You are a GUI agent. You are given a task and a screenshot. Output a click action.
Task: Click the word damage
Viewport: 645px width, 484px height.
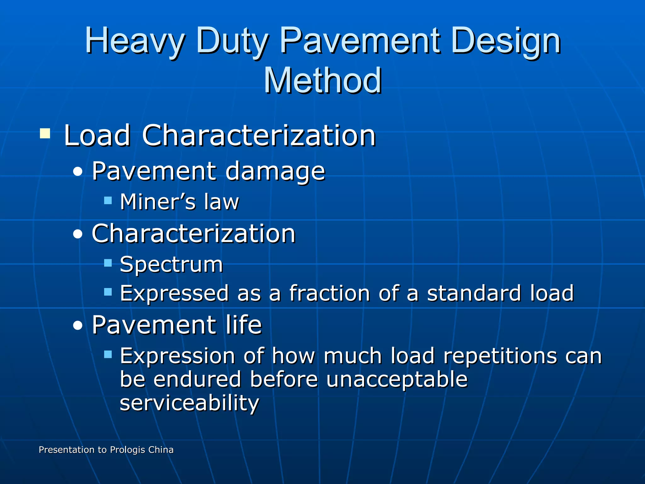click(275, 171)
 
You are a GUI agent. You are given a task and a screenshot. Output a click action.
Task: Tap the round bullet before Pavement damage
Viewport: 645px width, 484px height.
click(77, 172)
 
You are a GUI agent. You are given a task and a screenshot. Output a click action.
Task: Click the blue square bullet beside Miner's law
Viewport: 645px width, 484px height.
click(108, 200)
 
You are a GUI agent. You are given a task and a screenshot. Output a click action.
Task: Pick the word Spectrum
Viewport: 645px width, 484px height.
click(171, 265)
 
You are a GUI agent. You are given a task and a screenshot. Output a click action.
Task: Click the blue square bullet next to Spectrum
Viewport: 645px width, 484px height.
click(108, 263)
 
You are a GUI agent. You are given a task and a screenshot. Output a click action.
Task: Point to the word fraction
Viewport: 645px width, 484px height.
click(329, 293)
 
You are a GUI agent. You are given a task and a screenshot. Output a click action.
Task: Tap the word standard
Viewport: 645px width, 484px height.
click(474, 293)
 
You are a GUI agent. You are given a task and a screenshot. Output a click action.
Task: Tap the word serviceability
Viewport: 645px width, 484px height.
click(189, 403)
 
